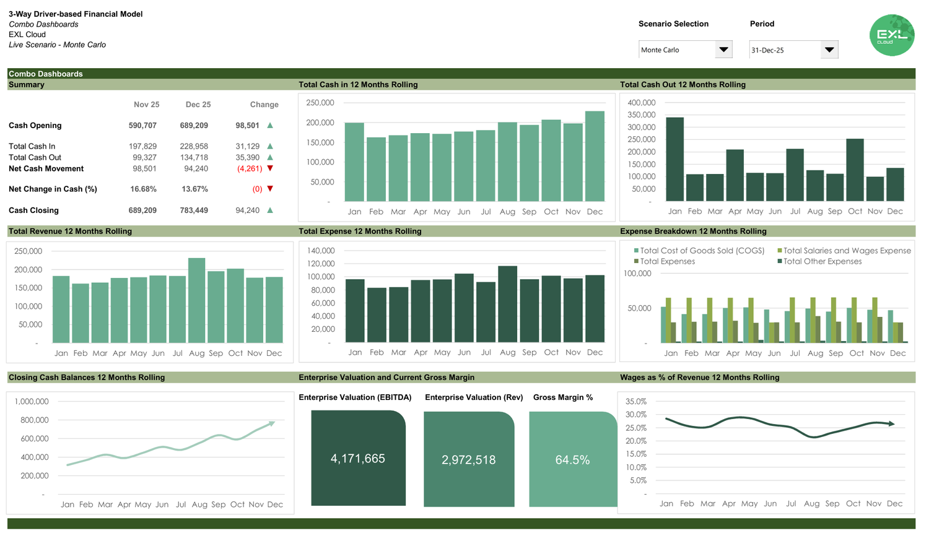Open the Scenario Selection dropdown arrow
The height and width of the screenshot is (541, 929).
click(x=723, y=50)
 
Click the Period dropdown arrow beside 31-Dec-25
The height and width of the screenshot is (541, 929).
click(x=829, y=50)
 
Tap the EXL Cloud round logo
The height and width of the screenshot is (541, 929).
click(x=892, y=35)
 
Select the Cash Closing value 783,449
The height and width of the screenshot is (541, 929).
click(x=194, y=210)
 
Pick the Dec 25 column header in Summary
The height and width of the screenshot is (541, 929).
click(x=198, y=105)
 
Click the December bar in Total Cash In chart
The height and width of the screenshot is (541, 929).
click(x=595, y=157)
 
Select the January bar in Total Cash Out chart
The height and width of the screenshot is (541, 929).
click(x=674, y=159)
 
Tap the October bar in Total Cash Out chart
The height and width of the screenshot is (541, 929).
click(x=855, y=170)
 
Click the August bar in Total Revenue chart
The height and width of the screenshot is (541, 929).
click(x=196, y=300)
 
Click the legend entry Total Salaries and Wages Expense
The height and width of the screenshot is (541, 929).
click(x=846, y=251)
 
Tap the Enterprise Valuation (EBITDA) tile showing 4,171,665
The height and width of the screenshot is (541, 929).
click(x=358, y=459)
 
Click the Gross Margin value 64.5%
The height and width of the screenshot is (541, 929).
click(x=572, y=460)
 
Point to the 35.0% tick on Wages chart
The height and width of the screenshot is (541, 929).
click(x=635, y=402)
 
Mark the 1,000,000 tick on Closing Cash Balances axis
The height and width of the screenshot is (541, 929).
click(x=31, y=402)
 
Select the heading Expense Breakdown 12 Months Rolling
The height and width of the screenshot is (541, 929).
click(x=693, y=232)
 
